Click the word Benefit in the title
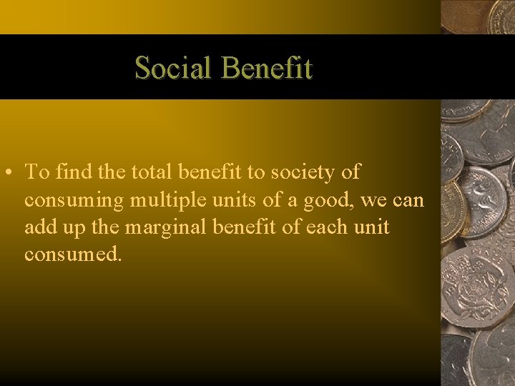(x=267, y=69)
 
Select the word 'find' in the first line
(x=70, y=173)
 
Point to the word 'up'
(x=72, y=229)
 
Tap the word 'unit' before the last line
(x=372, y=227)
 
